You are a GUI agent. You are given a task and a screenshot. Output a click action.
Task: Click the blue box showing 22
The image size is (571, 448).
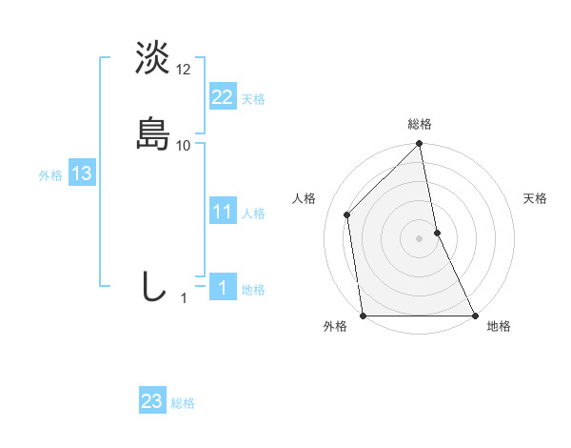pyautogui.click(x=222, y=96)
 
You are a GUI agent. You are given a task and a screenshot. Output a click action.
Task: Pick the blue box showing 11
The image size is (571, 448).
pyautogui.click(x=222, y=212)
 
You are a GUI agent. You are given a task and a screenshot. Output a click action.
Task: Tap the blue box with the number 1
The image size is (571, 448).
pyautogui.click(x=222, y=288)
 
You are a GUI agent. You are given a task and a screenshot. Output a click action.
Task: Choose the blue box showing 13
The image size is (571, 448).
pyautogui.click(x=81, y=173)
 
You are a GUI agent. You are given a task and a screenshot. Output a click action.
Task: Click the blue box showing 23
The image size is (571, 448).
pyautogui.click(x=151, y=401)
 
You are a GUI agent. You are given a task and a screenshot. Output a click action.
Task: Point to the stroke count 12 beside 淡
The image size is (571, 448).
pyautogui.click(x=184, y=70)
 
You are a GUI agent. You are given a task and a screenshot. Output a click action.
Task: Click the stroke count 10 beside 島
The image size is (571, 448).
pyautogui.click(x=184, y=146)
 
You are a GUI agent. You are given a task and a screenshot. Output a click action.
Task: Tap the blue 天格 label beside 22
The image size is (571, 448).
pyautogui.click(x=253, y=99)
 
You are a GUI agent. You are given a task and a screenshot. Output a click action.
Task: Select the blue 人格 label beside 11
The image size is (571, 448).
pyautogui.click(x=253, y=214)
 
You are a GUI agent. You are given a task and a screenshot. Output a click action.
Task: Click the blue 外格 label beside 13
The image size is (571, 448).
pyautogui.click(x=50, y=175)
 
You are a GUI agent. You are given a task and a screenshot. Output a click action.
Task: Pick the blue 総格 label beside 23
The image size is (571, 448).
pyautogui.click(x=183, y=403)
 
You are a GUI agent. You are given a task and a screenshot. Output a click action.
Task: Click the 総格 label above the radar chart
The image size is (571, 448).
pyautogui.click(x=420, y=124)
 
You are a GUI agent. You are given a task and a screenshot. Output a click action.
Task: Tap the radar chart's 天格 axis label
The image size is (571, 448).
pyautogui.click(x=536, y=198)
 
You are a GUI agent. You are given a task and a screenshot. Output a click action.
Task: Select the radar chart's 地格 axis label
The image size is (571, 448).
pyautogui.click(x=499, y=327)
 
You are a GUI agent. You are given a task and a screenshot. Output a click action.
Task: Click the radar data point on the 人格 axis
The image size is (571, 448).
pyautogui.click(x=346, y=214)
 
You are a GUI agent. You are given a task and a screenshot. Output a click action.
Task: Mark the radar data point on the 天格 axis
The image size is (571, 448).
pyautogui.click(x=437, y=233)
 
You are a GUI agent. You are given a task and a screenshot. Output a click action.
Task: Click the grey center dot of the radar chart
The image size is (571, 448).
pyautogui.click(x=420, y=238)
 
